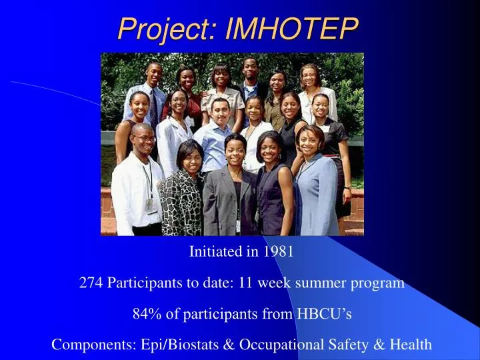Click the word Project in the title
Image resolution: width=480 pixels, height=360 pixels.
point(168,29)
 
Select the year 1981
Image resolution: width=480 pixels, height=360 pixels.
point(277,252)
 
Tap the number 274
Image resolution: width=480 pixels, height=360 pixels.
point(91,283)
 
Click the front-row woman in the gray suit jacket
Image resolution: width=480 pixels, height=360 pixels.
point(230,193)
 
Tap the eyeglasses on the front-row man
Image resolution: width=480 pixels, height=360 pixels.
point(142,139)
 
